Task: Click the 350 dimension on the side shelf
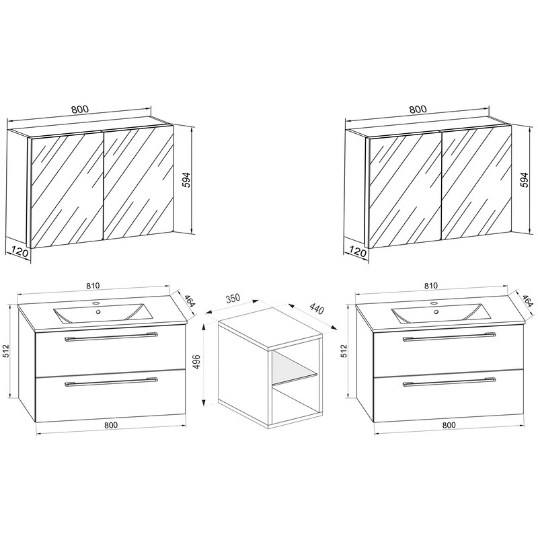pyautogui.click(x=233, y=298)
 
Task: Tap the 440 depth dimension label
pyautogui.click(x=316, y=309)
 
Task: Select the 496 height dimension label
pyautogui.click(x=196, y=362)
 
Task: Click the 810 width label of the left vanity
pyautogui.click(x=93, y=286)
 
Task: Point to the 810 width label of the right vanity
pyautogui.click(x=430, y=286)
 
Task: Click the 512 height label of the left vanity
pyautogui.click(x=6, y=351)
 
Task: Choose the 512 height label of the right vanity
pyautogui.click(x=344, y=351)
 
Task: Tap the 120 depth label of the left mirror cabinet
pyautogui.click(x=19, y=252)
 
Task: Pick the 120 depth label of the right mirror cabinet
pyautogui.click(x=357, y=252)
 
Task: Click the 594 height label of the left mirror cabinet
pyautogui.click(x=186, y=180)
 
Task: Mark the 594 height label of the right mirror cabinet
pyautogui.click(x=524, y=180)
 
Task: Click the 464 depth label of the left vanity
pyautogui.click(x=190, y=301)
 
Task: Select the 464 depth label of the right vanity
pyautogui.click(x=528, y=301)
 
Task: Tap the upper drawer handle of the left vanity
pyautogui.click(x=111, y=337)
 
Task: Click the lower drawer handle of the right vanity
pyautogui.click(x=449, y=382)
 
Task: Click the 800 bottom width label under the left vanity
pyautogui.click(x=111, y=425)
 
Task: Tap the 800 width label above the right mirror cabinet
pyautogui.click(x=418, y=110)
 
